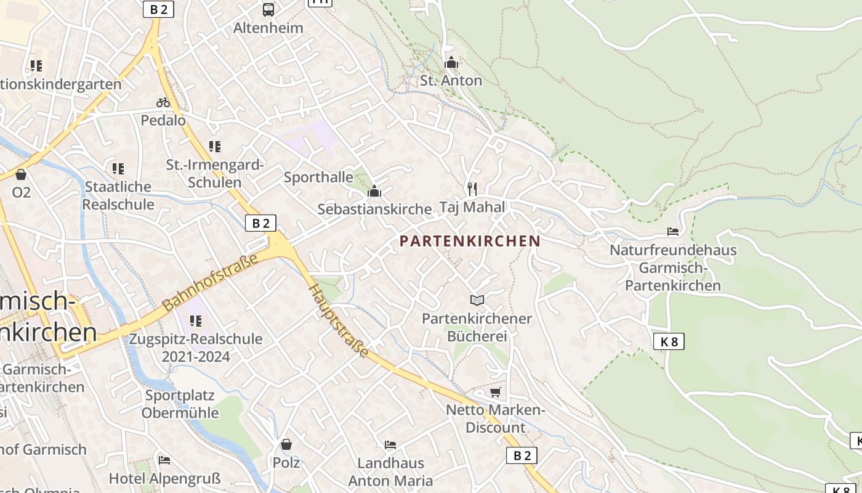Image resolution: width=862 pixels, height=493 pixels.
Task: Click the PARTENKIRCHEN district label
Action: point(470,241)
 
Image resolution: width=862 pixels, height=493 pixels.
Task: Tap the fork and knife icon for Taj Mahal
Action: point(472,189)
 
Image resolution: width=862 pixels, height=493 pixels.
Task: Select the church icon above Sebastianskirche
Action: point(374,192)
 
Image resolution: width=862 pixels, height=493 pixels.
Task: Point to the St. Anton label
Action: point(451,81)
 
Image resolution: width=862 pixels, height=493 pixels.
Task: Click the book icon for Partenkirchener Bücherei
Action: point(477,300)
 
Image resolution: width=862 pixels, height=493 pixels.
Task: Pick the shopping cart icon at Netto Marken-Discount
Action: point(495,392)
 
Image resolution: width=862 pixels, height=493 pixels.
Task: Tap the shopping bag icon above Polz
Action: point(286,444)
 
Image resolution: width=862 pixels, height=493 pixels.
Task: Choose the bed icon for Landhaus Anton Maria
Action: point(390,444)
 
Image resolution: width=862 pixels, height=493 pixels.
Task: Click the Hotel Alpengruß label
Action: point(164,478)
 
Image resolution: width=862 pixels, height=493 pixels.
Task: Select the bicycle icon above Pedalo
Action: point(163,102)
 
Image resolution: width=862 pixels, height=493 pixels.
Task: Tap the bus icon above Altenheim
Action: point(268,9)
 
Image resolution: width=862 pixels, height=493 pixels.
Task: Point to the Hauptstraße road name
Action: point(339,320)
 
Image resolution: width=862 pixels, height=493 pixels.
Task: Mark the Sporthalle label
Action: point(318,177)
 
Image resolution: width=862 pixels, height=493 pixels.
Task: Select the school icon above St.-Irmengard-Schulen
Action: point(214,147)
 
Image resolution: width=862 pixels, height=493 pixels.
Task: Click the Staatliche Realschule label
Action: point(118,195)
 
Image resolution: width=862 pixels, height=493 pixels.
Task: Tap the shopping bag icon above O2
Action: point(21,175)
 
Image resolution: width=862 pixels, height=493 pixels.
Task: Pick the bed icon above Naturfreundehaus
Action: point(673,232)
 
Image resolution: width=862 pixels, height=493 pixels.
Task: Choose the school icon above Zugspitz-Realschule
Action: point(196,321)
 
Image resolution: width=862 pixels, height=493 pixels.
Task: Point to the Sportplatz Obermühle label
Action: point(180,404)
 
